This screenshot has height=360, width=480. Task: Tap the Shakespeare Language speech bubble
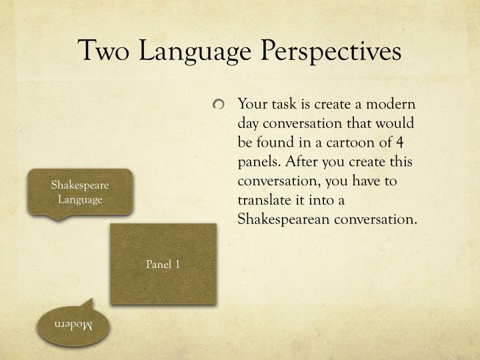coord(80,192)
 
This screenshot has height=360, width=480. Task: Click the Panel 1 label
coord(163,265)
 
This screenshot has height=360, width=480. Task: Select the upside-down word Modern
coord(73,325)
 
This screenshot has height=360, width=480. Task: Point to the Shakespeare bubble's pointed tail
coord(61,217)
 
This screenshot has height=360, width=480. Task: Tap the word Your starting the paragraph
coord(251,105)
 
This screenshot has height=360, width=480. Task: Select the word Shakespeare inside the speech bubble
coord(80,185)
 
